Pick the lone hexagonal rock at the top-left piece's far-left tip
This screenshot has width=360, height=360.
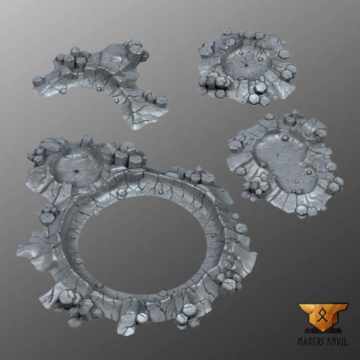[x=37, y=79]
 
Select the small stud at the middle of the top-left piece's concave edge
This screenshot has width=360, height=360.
[x=99, y=89]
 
